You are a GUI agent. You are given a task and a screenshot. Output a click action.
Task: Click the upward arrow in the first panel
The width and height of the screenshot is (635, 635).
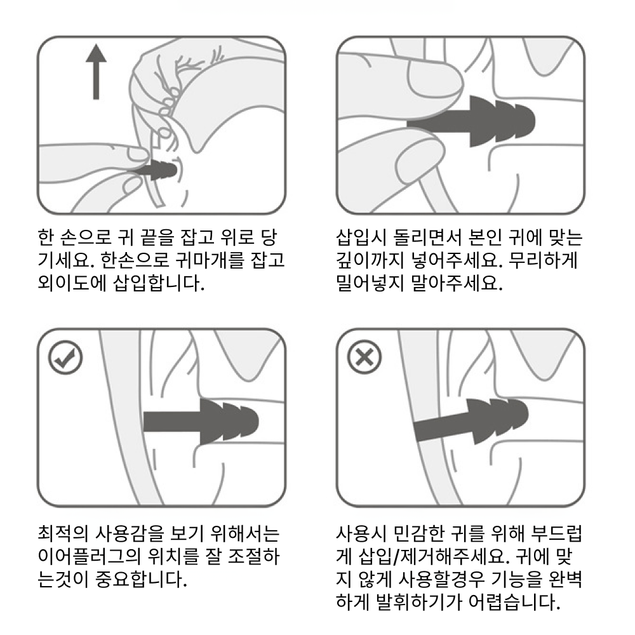coord(97,72)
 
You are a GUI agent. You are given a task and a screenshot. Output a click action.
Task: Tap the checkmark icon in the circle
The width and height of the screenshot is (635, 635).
coord(65,357)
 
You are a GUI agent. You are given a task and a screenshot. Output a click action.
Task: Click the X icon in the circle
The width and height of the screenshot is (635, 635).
coord(364,357)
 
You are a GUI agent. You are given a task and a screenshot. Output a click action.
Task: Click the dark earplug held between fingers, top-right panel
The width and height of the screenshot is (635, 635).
coord(471,121)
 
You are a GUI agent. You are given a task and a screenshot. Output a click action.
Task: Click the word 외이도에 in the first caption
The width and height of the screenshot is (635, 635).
coord(72,283)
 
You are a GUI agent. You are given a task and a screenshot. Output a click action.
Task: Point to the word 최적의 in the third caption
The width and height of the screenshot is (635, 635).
coord(63,533)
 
